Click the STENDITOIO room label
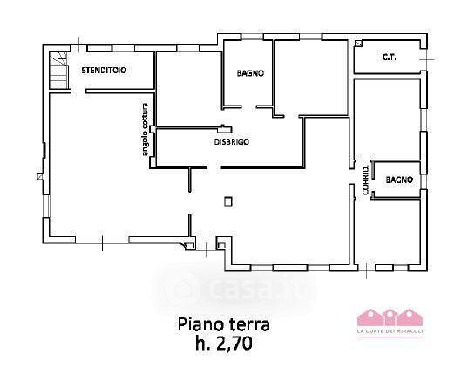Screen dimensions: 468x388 coord(104,71)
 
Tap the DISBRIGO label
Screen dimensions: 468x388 coord(232,142)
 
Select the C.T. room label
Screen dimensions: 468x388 coord(390,57)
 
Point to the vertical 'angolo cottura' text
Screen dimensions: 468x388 coord(145,129)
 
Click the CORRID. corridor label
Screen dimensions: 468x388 coord(366,180)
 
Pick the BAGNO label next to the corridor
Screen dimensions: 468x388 coord(399,180)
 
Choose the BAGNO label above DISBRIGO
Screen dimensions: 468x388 coord(250,73)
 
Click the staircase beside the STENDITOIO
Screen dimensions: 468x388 coord(58,71)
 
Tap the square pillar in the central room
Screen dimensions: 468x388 coord(228,201)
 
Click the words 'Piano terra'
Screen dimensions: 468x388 coord(224,324)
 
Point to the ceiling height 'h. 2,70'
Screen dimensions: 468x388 coord(224,344)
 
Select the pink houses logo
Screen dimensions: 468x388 coord(390,317)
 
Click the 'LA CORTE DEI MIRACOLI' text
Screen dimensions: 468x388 coord(390,331)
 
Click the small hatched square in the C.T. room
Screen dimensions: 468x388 coord(358,44)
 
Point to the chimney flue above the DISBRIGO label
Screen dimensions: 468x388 coord(225,129)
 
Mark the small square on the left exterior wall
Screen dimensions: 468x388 coord(40,176)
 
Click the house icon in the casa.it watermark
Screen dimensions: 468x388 coord(185,288)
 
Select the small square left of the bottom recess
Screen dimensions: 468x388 coord(189,246)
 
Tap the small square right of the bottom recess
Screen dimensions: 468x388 coord(221,246)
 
